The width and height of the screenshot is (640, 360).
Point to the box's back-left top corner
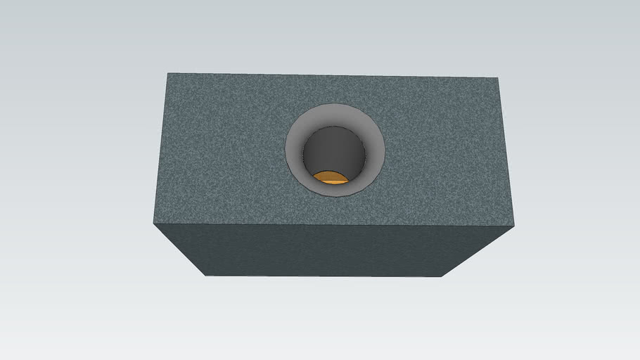[167, 73]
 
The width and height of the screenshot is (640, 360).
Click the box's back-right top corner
[497, 78]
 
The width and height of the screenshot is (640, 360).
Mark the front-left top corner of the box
[153, 224]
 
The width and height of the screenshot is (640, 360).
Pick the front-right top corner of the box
[514, 227]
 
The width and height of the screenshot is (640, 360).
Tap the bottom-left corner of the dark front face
[206, 275]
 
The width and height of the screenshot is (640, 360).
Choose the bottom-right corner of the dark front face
[441, 276]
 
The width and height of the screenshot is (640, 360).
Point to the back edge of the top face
[331, 75]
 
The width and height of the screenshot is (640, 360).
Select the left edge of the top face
[160, 148]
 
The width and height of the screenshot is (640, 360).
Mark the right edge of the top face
[506, 151]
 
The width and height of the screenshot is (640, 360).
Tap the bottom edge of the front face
[324, 276]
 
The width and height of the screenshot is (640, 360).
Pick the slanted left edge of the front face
[179, 250]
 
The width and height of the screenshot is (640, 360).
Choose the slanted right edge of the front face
[478, 252]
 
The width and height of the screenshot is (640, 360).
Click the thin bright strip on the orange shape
[331, 182]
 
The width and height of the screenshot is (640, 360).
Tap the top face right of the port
[443, 151]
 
